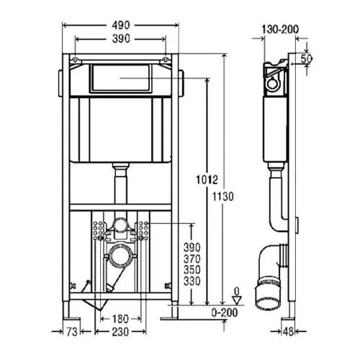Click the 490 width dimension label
(x=121, y=25)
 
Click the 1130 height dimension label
(x=222, y=197)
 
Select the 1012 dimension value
(x=207, y=180)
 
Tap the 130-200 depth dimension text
(x=280, y=30)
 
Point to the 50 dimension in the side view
(x=306, y=59)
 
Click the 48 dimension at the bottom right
(x=288, y=332)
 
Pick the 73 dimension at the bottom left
(x=72, y=332)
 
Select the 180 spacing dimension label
(x=120, y=319)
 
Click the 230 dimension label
(x=120, y=332)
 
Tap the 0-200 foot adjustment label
(x=225, y=312)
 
